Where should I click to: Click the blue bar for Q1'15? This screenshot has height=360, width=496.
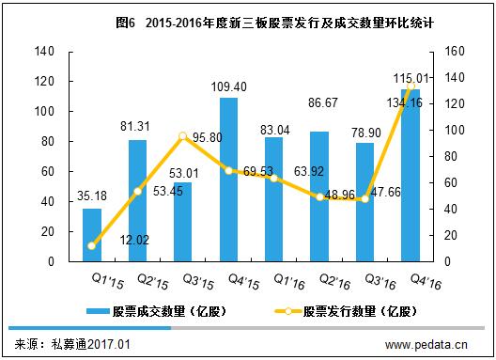(92, 235)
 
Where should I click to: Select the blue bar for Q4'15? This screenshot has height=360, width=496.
(228, 180)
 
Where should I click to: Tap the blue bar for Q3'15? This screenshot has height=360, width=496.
(183, 222)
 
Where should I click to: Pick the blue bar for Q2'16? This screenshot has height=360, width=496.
(319, 196)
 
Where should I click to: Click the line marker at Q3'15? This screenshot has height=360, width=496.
(183, 136)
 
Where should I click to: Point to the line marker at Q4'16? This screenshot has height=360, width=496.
(411, 86)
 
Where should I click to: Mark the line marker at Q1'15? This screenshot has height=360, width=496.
(92, 245)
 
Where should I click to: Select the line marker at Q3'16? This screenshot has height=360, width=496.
(365, 199)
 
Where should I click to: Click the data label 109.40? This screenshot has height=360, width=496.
(228, 86)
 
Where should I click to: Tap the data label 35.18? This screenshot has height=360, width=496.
(92, 196)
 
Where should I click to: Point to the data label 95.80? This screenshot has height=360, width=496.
(208, 137)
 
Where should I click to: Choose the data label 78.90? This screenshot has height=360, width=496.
(366, 133)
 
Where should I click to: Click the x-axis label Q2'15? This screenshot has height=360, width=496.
(153, 281)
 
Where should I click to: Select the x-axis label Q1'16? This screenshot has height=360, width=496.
(289, 281)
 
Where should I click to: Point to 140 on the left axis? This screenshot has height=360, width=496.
(44, 52)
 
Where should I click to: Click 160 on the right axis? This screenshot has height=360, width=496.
(455, 52)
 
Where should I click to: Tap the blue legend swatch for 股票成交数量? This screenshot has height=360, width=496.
(98, 311)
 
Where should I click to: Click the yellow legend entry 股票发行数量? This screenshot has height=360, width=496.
(346, 311)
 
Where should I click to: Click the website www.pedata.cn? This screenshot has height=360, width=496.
(426, 344)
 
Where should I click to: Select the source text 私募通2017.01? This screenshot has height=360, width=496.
(91, 344)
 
